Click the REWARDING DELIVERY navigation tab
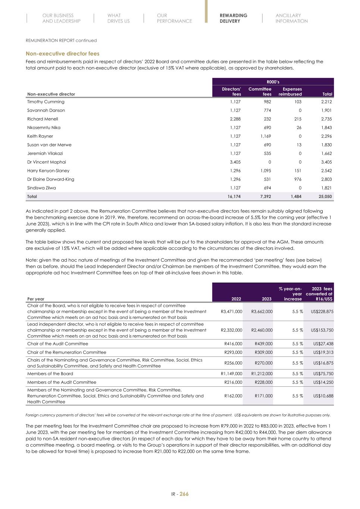point(233,18)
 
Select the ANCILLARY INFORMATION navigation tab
point(291,18)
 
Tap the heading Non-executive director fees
point(62,54)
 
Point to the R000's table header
point(273,82)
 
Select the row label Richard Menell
point(43,119)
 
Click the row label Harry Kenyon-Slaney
point(48,171)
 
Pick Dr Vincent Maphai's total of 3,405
point(326,162)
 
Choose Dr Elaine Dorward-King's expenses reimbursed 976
point(297,179)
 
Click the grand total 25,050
point(325,197)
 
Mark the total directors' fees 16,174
point(234,197)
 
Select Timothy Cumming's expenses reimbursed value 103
point(297,102)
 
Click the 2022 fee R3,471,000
point(231,312)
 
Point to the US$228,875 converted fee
point(323,312)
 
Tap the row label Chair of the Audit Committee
point(57,344)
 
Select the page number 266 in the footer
point(184,494)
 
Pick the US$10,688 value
point(324,396)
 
